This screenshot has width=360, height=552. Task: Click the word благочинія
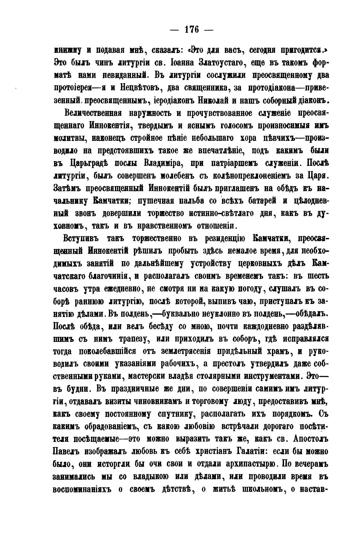click(x=107, y=276)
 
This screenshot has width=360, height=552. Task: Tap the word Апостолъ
click(x=306, y=439)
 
